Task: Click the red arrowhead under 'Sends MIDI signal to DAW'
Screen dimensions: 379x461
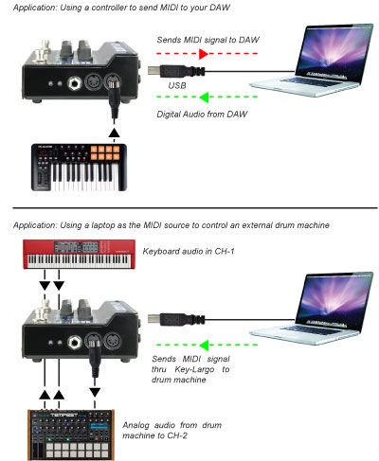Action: [204, 54]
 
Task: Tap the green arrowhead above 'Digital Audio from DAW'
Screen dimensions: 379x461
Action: [204, 98]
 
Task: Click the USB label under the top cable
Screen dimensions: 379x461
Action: [177, 85]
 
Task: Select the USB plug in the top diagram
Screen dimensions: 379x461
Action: [176, 71]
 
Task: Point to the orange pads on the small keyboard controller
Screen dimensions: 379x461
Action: [105, 152]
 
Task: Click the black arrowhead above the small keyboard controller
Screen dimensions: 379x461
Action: [114, 133]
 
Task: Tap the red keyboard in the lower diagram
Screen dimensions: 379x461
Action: [79, 255]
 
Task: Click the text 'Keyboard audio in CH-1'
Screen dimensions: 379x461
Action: [189, 252]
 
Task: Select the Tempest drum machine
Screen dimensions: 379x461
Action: [71, 434]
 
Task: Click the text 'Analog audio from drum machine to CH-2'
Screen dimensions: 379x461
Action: [172, 431]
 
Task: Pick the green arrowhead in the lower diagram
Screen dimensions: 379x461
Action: [204, 346]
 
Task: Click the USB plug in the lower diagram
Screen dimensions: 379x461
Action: [176, 319]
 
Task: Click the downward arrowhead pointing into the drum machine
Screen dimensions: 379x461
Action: [95, 393]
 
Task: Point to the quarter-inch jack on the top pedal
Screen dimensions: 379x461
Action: [75, 84]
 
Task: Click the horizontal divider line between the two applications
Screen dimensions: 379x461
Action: [195, 208]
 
